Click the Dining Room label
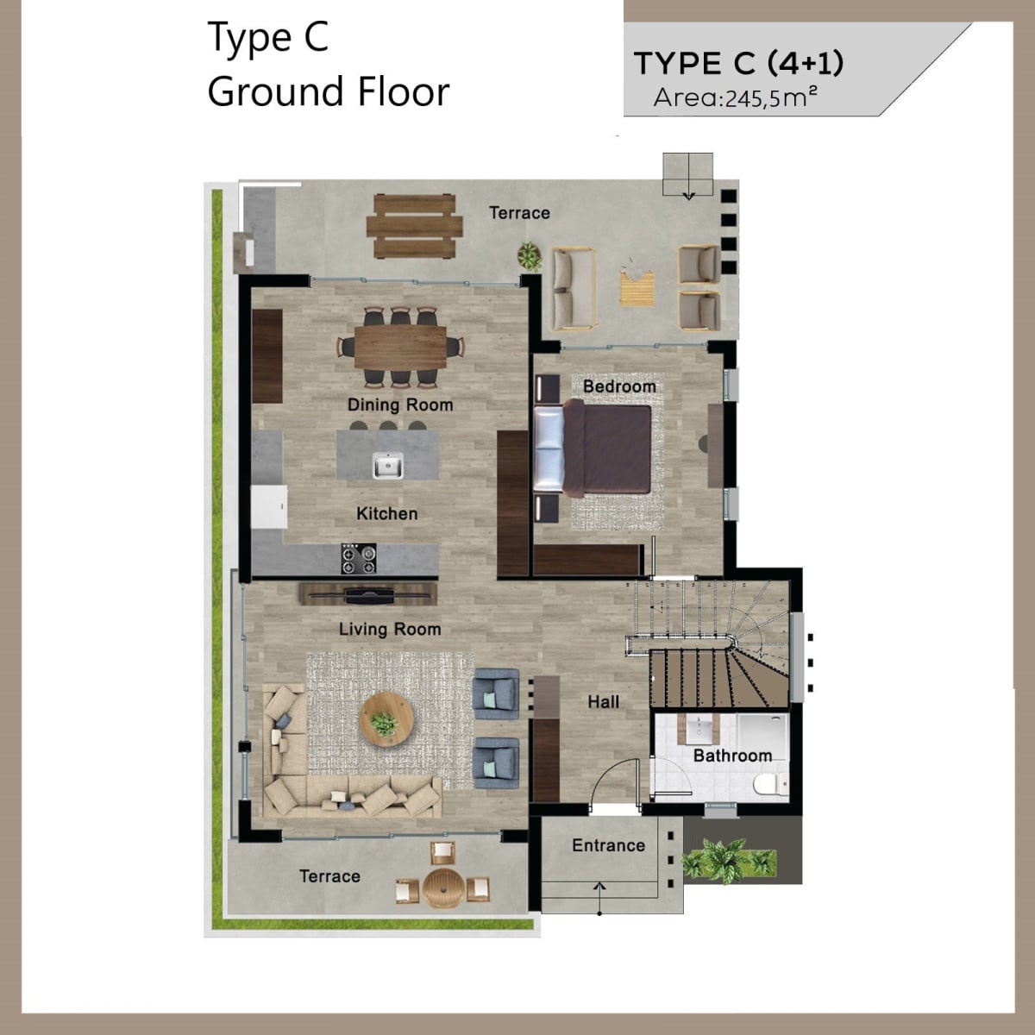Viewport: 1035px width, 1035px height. [400, 405]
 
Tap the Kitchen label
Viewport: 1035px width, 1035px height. [386, 513]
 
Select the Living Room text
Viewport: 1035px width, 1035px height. [390, 629]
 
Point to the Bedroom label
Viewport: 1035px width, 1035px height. [619, 386]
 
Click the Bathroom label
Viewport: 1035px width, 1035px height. [732, 756]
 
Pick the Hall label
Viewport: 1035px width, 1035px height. [603, 701]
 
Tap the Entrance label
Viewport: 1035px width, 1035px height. [609, 845]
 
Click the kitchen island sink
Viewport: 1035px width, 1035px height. [388, 465]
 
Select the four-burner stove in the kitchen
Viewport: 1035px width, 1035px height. [359, 559]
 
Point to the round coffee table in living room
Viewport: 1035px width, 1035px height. [386, 719]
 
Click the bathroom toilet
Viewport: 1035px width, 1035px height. [770, 784]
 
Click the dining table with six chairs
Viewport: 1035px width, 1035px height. [400, 347]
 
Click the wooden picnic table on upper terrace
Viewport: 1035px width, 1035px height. [414, 226]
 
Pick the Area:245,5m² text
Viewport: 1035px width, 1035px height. [735, 97]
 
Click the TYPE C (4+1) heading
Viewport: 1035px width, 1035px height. [739, 63]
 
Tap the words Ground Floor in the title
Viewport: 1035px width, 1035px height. [328, 91]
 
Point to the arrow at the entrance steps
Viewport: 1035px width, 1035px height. [599, 898]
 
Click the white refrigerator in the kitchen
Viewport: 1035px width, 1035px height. [269, 507]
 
